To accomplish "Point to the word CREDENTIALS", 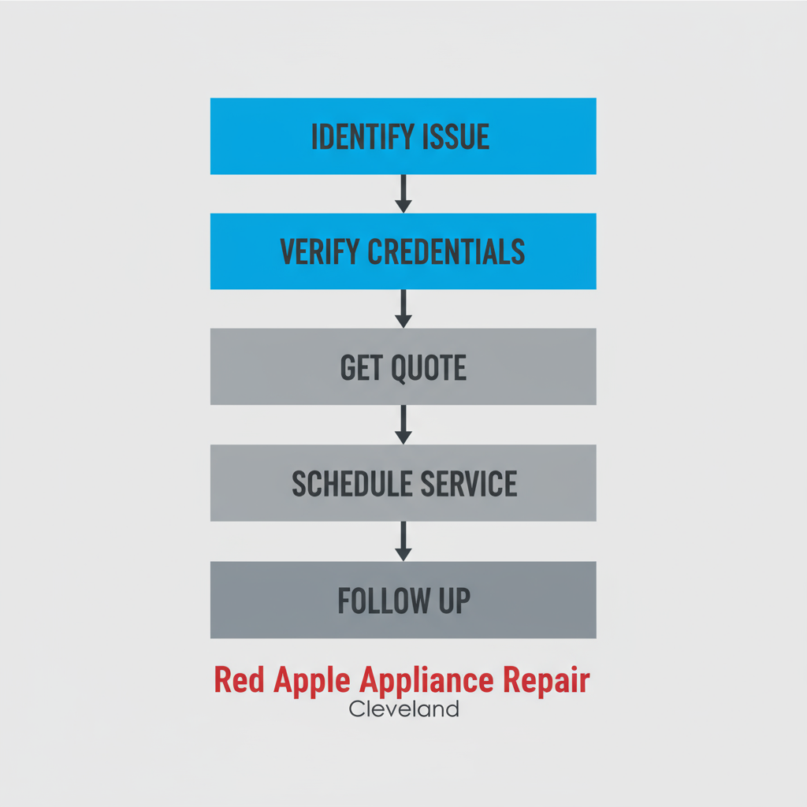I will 445,251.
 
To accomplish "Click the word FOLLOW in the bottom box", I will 375,601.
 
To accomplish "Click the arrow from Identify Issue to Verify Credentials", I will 403,193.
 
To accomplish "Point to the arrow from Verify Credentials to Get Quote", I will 403,308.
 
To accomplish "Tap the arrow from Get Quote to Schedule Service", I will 403,425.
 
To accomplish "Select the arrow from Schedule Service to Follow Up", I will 403,541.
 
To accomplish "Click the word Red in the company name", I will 240,681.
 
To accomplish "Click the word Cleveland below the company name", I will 403,709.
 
